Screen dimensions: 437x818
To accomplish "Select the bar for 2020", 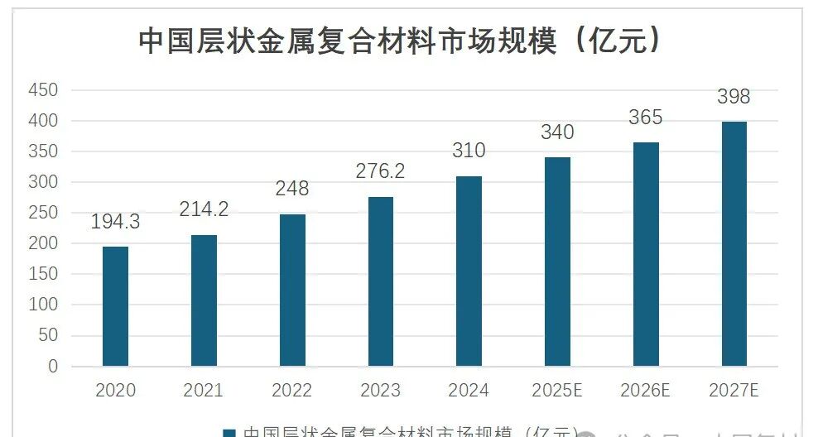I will point(115,306).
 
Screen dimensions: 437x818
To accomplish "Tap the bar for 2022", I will point(292,290).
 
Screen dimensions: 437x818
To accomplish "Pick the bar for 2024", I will point(469,271).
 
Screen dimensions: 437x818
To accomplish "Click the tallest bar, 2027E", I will point(734,244).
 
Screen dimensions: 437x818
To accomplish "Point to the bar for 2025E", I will point(557,262).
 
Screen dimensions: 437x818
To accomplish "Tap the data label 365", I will point(646,118).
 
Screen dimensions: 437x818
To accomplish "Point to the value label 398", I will point(734,98).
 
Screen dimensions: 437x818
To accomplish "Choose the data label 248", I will point(292,190).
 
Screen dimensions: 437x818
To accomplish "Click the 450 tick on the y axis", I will point(42,90).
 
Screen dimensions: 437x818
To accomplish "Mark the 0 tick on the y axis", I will point(53,366).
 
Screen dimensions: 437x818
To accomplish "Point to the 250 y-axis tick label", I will point(42,213).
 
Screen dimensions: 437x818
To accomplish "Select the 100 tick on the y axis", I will point(42,305).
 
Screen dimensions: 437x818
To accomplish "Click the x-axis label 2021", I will point(204,390).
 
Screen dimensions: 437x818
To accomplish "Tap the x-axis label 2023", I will point(381,390).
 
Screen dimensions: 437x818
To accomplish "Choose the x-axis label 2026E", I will point(646,390).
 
